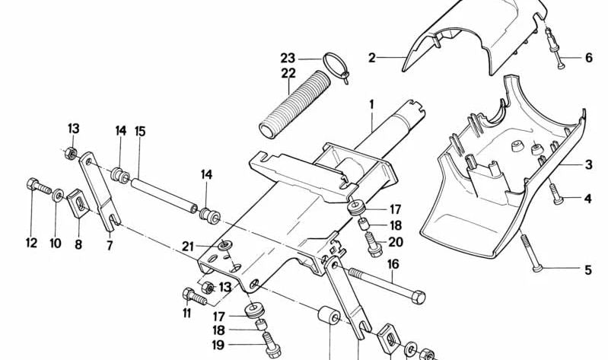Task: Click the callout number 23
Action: (x=287, y=57)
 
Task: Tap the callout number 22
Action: (x=287, y=73)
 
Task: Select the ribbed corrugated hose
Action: (x=290, y=106)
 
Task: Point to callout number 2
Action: (x=372, y=57)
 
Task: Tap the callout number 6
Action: (x=588, y=58)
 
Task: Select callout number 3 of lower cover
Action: (x=588, y=164)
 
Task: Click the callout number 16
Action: (x=393, y=265)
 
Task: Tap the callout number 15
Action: (x=140, y=131)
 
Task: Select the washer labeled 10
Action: (x=58, y=198)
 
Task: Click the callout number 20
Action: (x=394, y=243)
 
